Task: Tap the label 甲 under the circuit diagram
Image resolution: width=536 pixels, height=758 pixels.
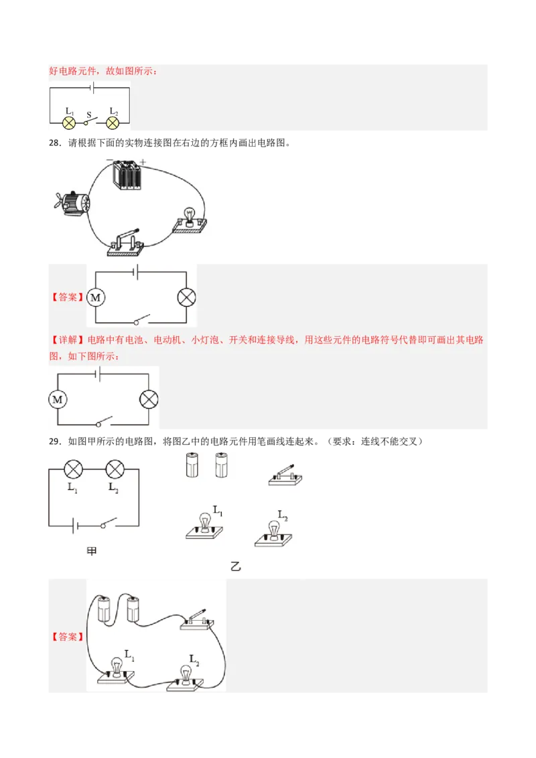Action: [x=91, y=551]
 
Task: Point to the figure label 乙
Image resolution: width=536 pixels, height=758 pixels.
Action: [x=236, y=566]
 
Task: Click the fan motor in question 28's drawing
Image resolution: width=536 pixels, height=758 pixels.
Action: [x=72, y=202]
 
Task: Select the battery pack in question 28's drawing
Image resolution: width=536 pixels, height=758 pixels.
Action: [x=127, y=175]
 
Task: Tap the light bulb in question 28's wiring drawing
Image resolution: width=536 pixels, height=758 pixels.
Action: [x=190, y=222]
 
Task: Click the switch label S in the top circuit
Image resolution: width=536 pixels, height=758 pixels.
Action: [x=89, y=115]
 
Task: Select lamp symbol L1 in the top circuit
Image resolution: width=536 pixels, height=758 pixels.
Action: [x=69, y=123]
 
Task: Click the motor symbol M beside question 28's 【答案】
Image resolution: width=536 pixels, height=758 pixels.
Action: [x=96, y=297]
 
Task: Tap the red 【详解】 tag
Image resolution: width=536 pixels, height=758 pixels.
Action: [x=67, y=340]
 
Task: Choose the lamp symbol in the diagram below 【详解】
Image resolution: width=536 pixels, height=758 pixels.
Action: [x=149, y=399]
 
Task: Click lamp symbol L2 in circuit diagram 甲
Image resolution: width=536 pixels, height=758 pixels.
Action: [x=115, y=469]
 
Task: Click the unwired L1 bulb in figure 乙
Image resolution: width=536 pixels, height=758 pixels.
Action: [x=204, y=526]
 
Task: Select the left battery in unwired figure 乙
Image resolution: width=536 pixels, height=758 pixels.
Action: [x=192, y=465]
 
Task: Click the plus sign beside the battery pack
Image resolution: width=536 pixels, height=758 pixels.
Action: [x=143, y=162]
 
